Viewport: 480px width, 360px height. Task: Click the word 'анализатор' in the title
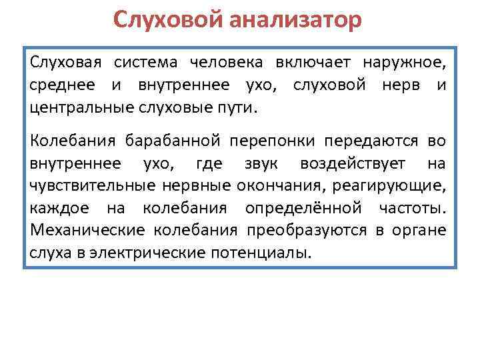297,20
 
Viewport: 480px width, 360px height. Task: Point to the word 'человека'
226,63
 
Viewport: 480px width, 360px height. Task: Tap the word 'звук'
253,163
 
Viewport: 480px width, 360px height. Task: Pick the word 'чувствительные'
89,185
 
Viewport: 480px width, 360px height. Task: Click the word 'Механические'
87,231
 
